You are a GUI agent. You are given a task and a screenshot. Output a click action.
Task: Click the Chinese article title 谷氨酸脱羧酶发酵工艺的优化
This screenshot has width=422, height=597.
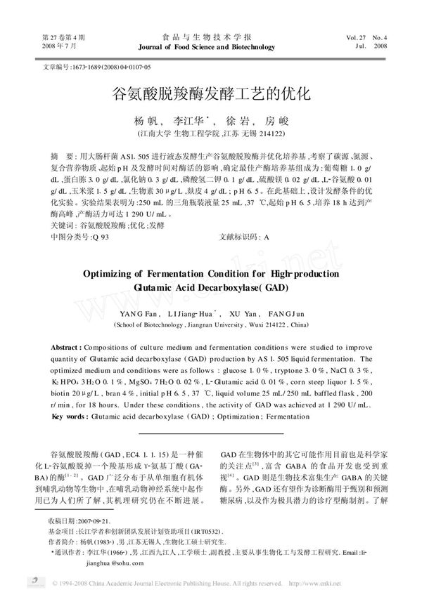coord(211,93)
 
